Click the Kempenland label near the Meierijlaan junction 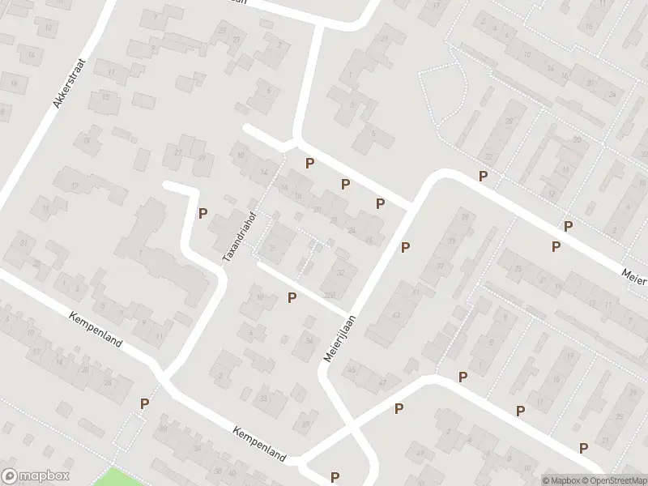pos(259,445)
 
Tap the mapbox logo pos(36,476)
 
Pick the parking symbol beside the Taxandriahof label pos(203,214)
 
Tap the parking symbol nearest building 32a pos(292,298)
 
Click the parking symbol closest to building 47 pos(399,409)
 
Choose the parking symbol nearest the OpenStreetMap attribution pos(583,448)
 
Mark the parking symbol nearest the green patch pos(145,403)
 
